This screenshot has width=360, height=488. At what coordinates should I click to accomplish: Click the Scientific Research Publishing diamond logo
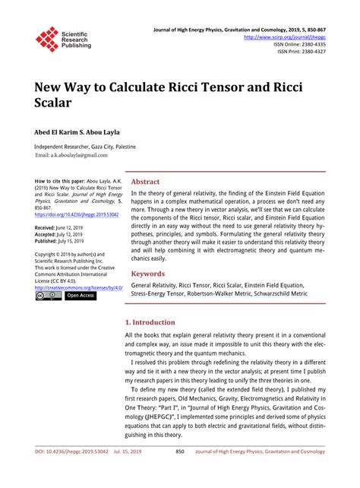tap(47, 39)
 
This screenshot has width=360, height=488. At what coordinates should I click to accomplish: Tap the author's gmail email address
tap(71, 155)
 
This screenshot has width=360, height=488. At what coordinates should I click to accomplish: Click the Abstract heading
tap(146, 182)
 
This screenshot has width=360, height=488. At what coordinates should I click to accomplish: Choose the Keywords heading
tap(148, 252)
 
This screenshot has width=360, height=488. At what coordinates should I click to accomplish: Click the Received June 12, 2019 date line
tap(62, 228)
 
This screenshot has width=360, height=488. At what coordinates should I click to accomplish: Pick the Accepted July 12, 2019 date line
tap(61, 235)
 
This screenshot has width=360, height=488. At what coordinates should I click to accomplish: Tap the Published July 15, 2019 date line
tap(62, 242)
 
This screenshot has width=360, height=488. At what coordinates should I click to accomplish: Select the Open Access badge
tap(80, 296)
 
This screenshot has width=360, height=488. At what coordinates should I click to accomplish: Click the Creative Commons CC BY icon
tap(47, 296)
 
